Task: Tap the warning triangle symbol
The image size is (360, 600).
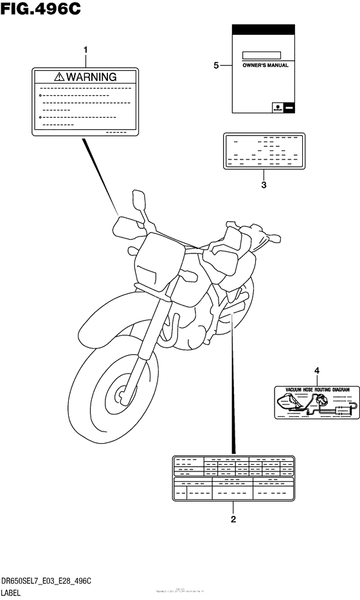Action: tap(60, 77)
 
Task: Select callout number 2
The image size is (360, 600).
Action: tap(233, 519)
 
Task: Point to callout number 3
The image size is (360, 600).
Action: tap(264, 186)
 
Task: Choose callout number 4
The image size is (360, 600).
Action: tap(316, 370)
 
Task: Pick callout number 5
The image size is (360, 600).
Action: tap(217, 65)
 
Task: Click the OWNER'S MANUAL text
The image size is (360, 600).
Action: tap(265, 66)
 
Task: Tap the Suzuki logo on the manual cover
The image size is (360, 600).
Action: tap(276, 107)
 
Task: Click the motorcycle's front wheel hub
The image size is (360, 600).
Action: tap(120, 391)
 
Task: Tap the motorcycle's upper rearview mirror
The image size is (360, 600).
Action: tap(138, 198)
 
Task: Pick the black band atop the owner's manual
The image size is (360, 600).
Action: tap(264, 30)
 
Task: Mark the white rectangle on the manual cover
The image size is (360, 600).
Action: tap(262, 55)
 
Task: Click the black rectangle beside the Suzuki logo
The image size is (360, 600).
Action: tap(289, 107)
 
